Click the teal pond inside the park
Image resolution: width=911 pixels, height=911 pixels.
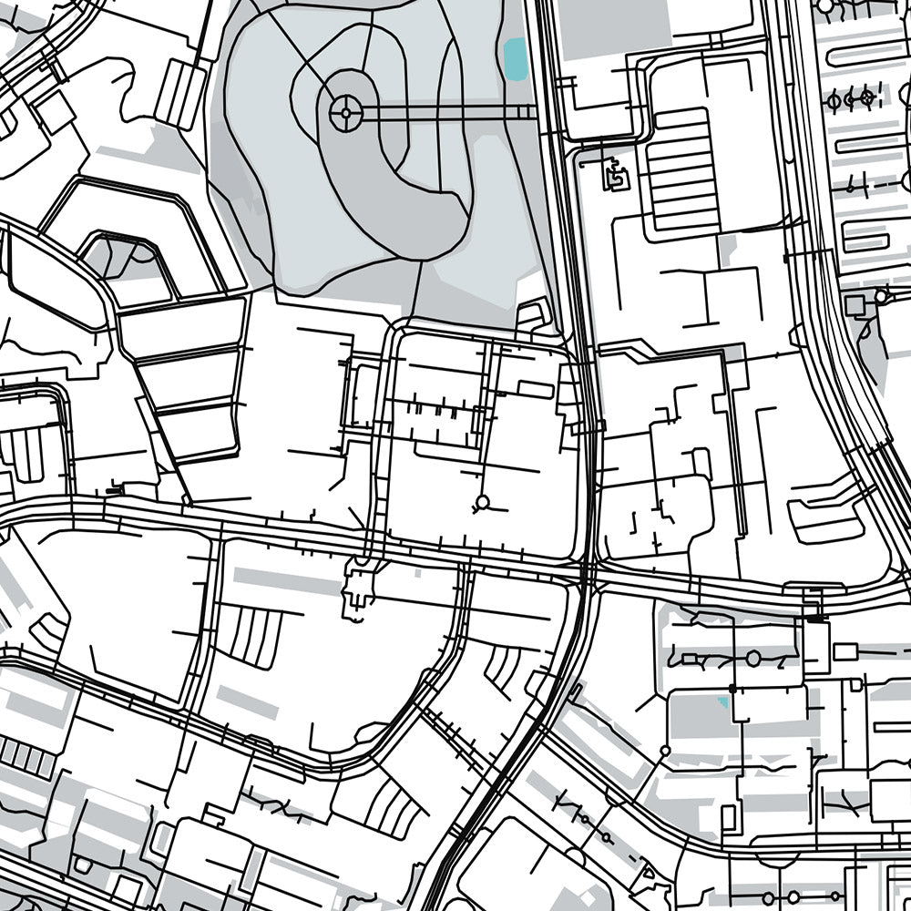click(x=515, y=57)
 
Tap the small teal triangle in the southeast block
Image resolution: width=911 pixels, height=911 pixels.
click(x=724, y=702)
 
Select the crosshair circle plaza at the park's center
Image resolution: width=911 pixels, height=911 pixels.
click(x=345, y=113)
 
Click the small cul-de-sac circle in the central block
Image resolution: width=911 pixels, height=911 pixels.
click(x=482, y=502)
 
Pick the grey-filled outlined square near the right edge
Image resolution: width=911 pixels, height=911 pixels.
click(x=855, y=304)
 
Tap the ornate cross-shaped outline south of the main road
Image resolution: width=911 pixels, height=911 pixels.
click(x=357, y=593)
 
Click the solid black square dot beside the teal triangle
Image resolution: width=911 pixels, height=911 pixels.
click(x=732, y=689)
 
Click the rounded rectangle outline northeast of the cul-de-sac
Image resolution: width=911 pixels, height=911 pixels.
click(x=536, y=390)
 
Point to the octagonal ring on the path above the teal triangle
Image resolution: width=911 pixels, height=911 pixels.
click(x=752, y=657)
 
